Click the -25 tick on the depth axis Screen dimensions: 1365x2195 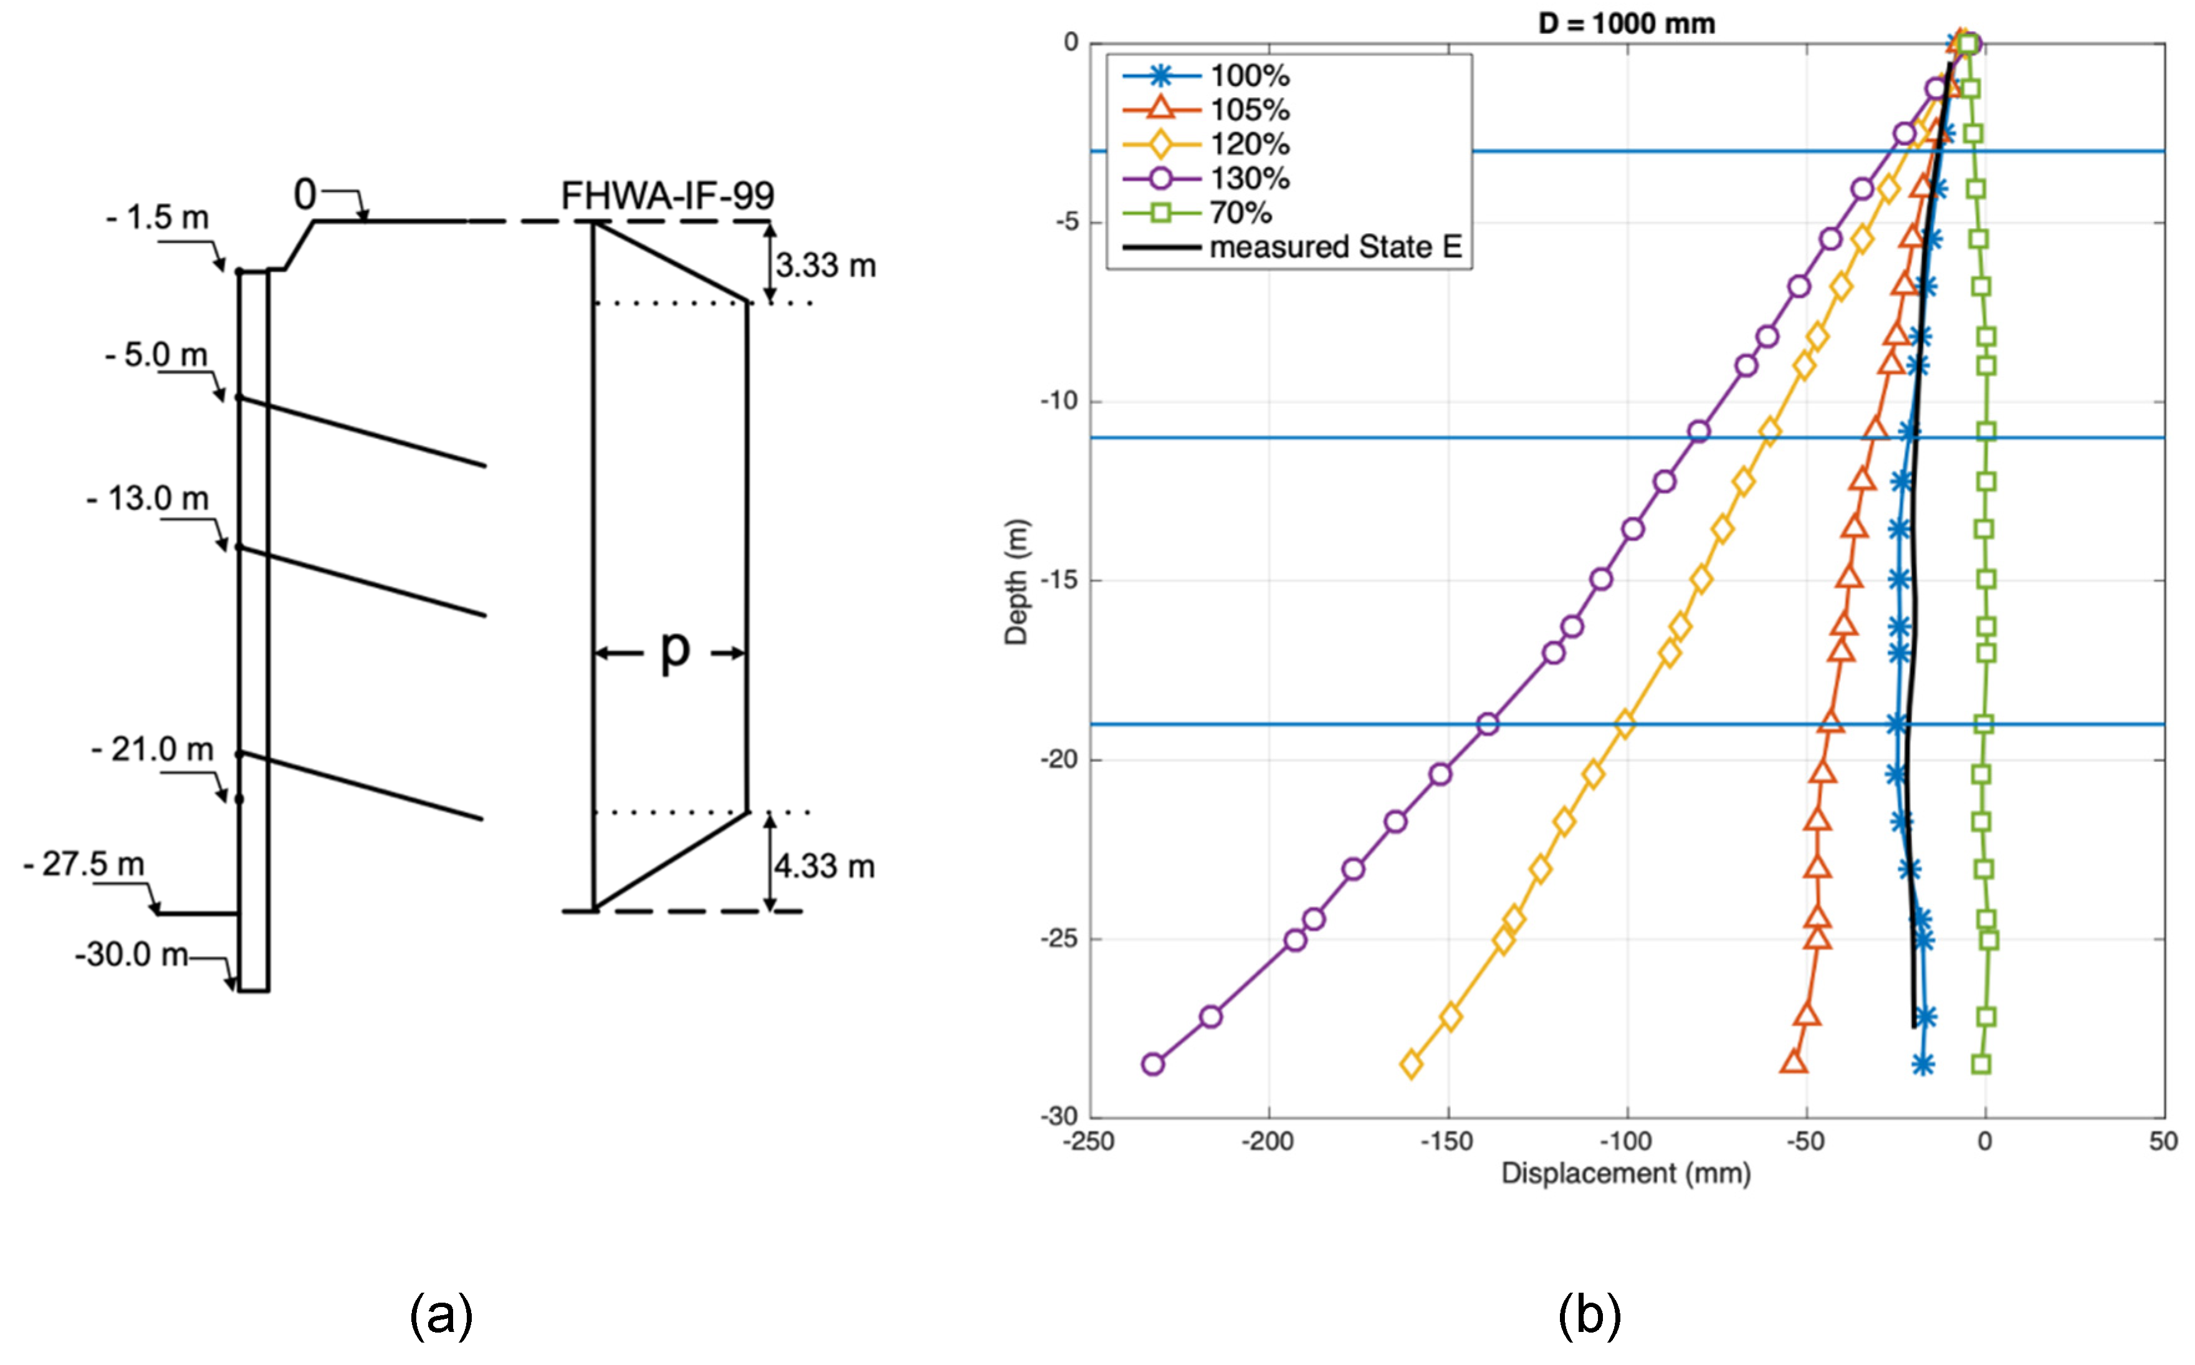tap(1059, 939)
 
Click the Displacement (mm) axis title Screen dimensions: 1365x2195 tap(1625, 1174)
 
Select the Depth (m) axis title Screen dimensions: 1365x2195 tap(1016, 582)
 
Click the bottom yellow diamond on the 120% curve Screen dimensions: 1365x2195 tap(1411, 1065)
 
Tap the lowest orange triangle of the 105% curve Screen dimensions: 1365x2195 tap(1794, 1063)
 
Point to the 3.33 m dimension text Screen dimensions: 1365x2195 tap(825, 266)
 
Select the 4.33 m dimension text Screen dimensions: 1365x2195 tap(824, 866)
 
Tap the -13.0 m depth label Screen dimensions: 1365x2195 tap(148, 499)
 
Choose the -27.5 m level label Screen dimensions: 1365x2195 tap(84, 864)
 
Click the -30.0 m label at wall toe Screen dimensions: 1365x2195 tap(132, 954)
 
